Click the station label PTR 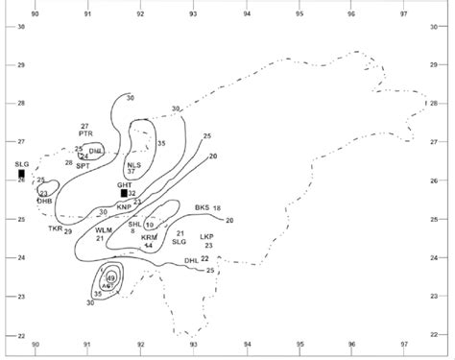(x=85, y=134)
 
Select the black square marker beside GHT (x=124, y=193)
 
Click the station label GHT (x=124, y=183)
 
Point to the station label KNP (x=124, y=205)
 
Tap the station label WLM (x=103, y=229)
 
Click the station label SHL (x=134, y=223)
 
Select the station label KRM (x=149, y=237)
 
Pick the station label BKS (x=202, y=208)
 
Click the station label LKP (x=207, y=236)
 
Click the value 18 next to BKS (x=217, y=208)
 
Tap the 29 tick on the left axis (x=20, y=65)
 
